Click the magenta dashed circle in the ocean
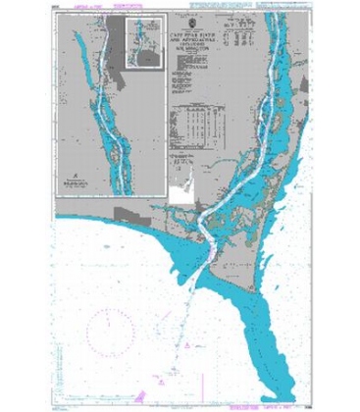106,318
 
